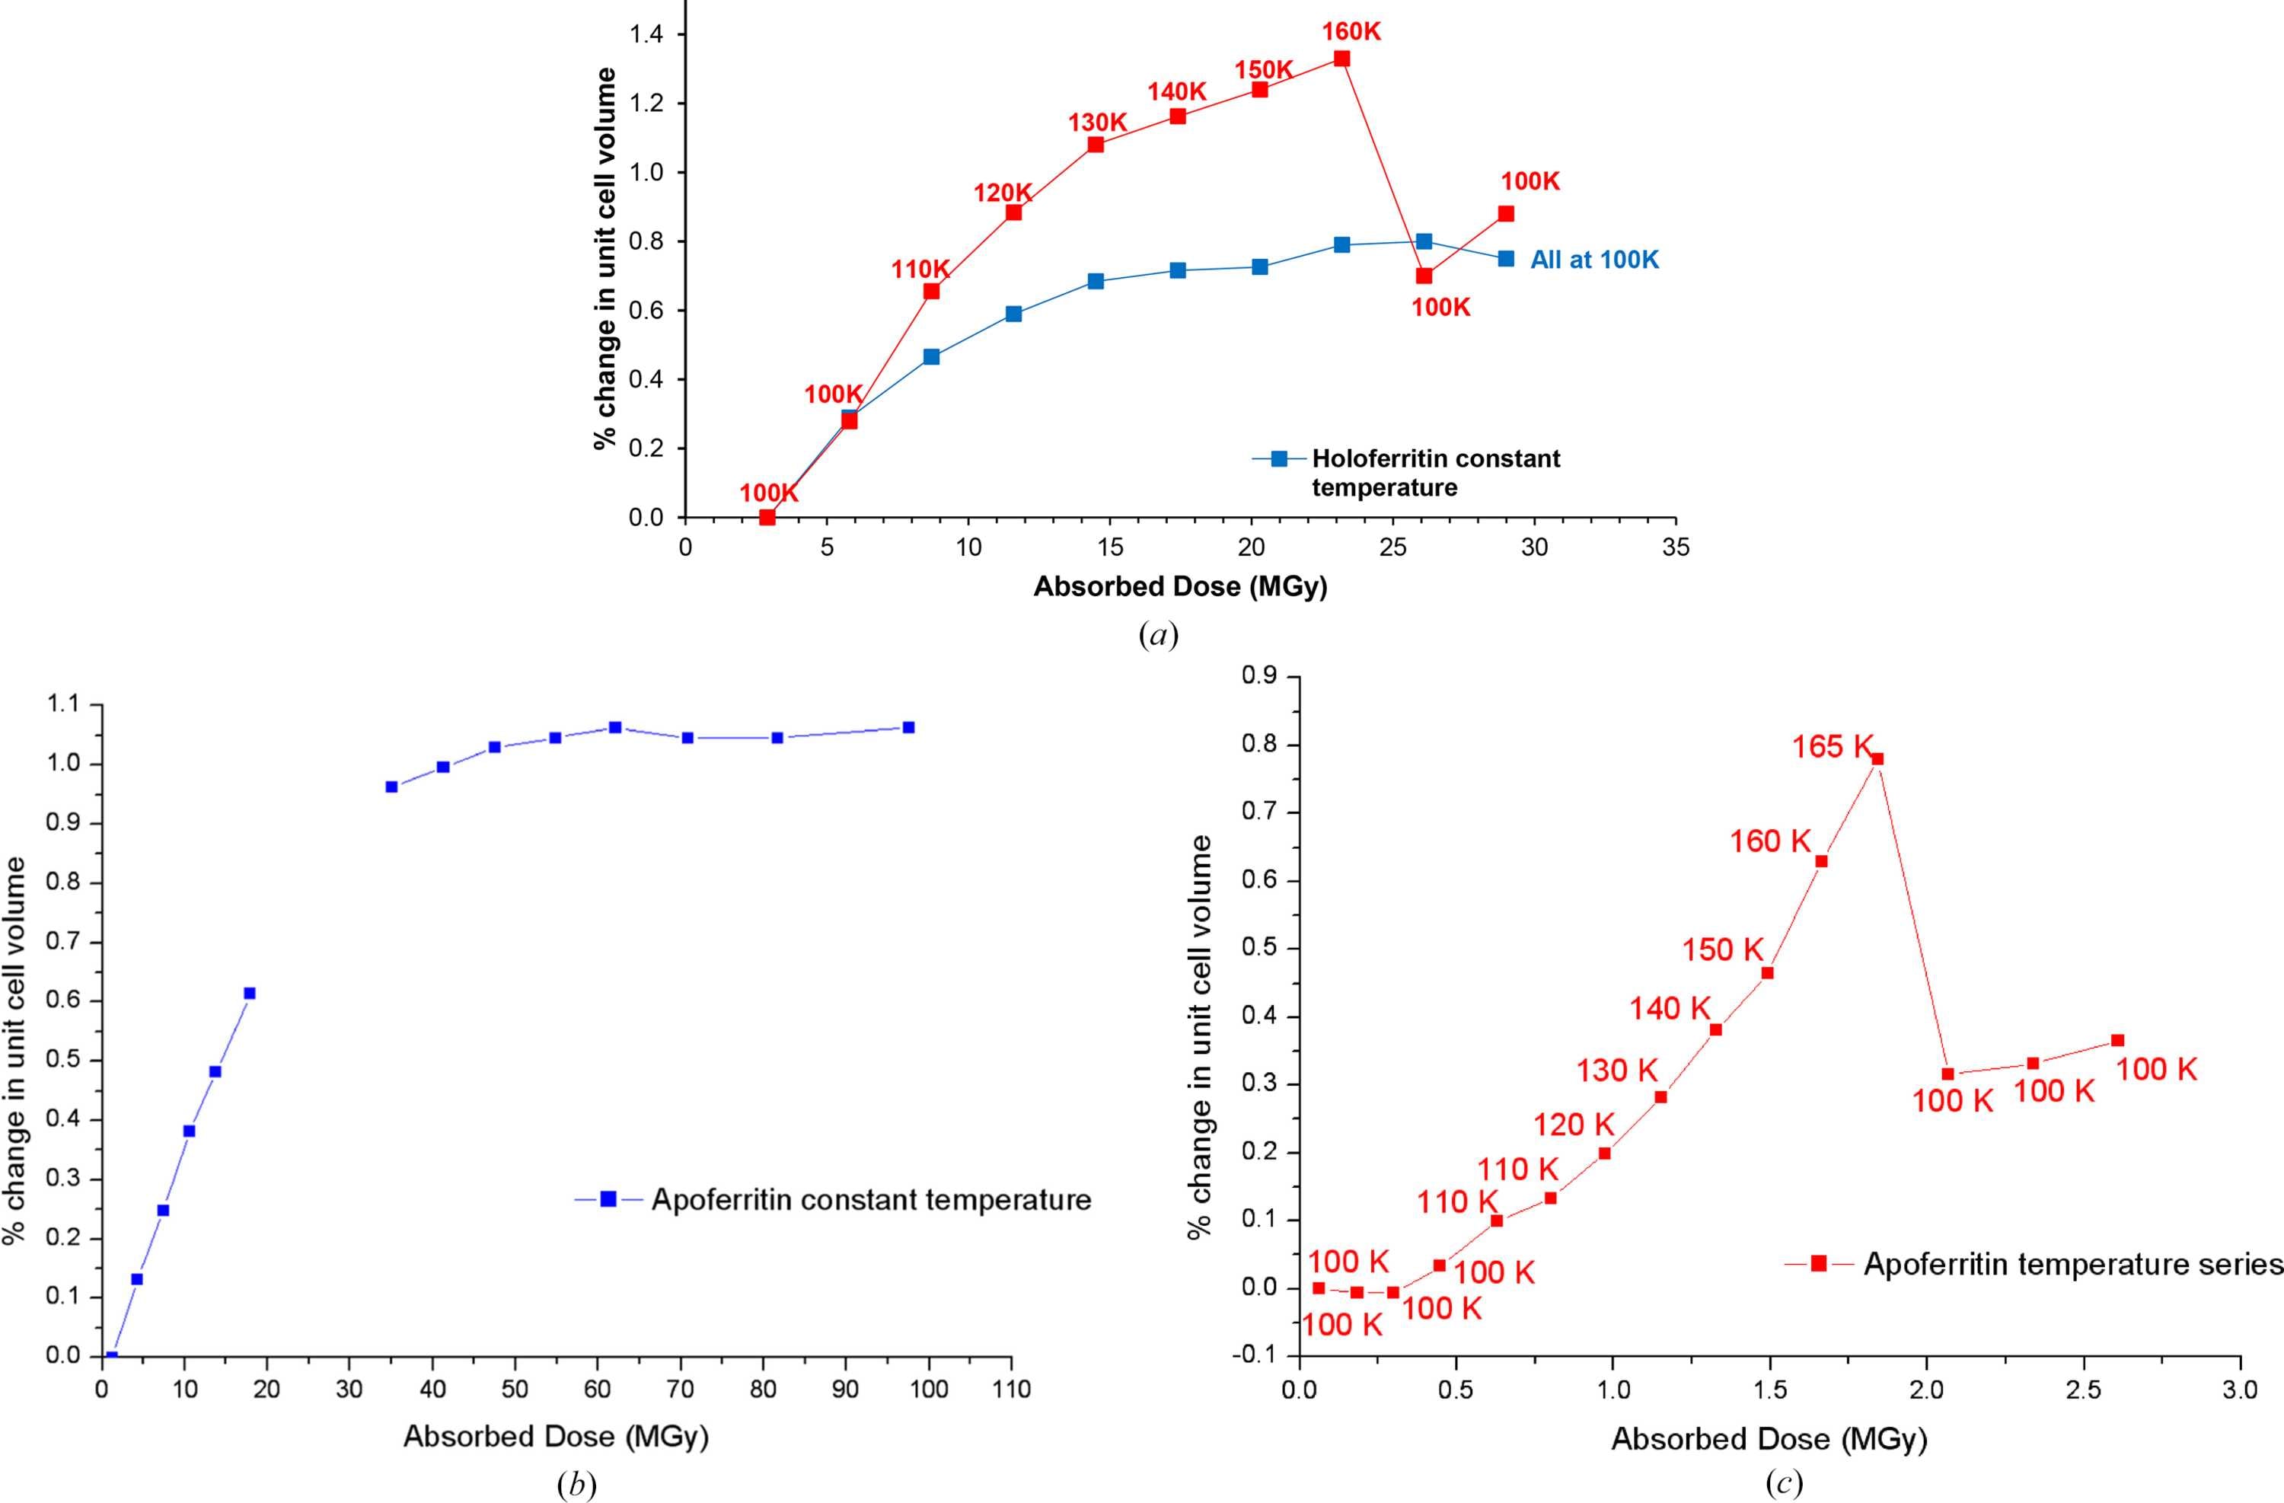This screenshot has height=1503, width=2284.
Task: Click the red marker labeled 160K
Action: point(1341,59)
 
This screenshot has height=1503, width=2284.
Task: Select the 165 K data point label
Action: point(1833,745)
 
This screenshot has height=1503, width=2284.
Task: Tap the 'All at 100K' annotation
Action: point(1594,259)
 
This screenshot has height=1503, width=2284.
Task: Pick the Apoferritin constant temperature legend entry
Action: point(833,1200)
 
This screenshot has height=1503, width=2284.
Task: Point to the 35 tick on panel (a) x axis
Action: point(1676,547)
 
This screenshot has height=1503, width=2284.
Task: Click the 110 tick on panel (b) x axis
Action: point(1010,1389)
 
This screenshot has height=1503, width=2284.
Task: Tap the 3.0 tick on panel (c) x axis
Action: point(2240,1391)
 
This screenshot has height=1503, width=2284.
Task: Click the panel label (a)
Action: point(1158,634)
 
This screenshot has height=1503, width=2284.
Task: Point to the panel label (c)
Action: point(1783,1484)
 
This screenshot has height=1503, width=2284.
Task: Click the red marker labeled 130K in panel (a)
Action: point(1096,145)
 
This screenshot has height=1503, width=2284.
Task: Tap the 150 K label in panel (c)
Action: point(1723,949)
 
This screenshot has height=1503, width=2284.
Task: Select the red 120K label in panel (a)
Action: point(1003,193)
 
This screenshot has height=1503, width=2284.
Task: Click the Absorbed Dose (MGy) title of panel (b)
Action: point(556,1437)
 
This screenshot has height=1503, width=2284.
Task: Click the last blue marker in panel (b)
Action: point(909,727)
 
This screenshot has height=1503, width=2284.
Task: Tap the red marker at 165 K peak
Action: point(1878,758)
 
